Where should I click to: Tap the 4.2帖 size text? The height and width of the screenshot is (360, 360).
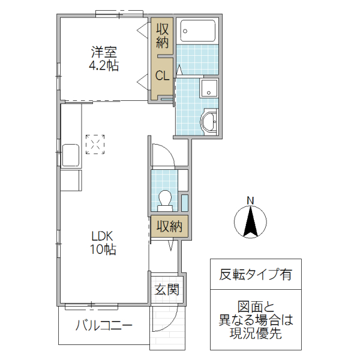104,65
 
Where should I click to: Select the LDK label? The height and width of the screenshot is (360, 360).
103,235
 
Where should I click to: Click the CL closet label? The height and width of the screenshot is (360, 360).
162,76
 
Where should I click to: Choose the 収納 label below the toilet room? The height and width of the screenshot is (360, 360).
169,227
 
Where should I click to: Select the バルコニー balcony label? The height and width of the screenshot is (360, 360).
104,326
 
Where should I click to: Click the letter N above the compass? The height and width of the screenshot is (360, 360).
252,200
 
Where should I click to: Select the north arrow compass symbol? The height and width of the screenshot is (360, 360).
252,221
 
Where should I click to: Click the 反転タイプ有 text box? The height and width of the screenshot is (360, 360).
255,275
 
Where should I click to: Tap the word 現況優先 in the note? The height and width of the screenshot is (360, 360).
255,334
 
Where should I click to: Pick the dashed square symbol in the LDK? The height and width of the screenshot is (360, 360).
94,144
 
